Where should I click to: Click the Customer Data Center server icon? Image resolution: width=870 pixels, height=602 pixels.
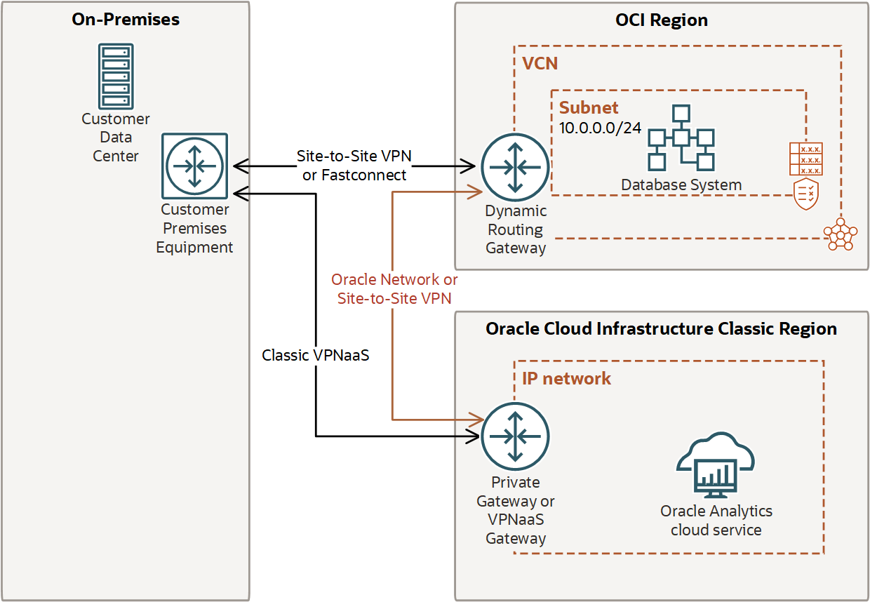point(116,76)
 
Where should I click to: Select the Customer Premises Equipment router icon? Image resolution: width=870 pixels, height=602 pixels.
point(194,166)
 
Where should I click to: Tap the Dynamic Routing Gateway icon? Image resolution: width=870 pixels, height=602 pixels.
point(516,167)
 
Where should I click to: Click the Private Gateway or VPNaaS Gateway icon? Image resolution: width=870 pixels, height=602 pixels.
point(516,436)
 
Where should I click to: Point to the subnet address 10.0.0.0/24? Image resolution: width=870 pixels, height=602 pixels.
point(600,128)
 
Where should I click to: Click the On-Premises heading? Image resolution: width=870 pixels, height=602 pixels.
point(126,20)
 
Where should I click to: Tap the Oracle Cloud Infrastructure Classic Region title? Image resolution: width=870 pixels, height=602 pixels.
point(661,329)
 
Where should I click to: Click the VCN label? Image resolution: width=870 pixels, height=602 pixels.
point(540,64)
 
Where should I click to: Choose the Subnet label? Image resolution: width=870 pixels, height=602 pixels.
point(589,107)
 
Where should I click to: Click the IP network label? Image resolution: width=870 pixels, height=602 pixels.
point(566,379)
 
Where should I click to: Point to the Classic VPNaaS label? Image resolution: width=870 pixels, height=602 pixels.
point(315,356)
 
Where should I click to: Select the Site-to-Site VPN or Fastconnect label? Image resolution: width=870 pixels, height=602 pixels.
point(354,165)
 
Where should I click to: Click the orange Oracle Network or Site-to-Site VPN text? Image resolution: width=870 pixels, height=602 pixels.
point(394,288)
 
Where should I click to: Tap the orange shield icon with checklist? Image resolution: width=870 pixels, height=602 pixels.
point(805,194)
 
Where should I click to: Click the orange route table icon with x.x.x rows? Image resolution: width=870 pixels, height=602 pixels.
point(805,159)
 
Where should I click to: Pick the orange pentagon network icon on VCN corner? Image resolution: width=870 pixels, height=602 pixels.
point(840,234)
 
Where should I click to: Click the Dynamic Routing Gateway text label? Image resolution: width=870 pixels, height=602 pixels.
point(516,229)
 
